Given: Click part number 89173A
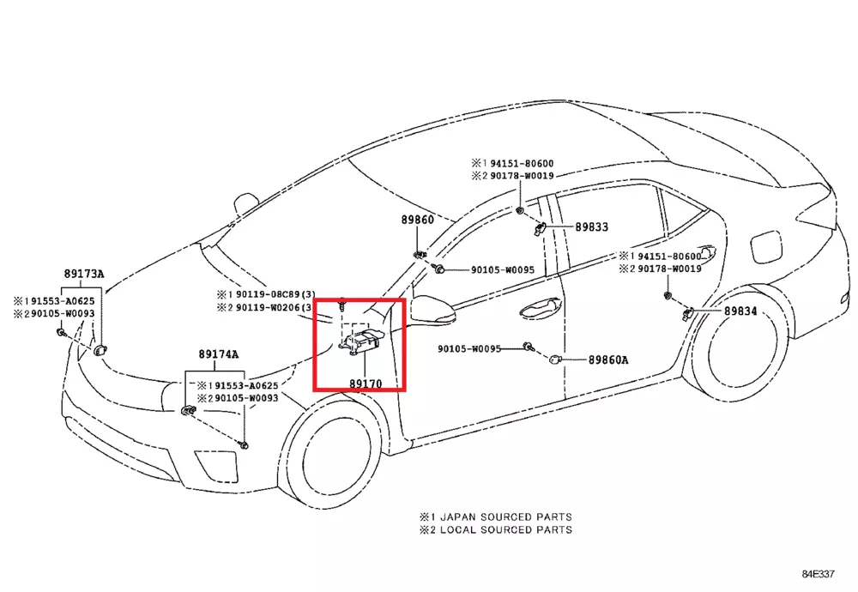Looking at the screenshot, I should point(82,275).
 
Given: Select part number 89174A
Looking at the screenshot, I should point(219,353).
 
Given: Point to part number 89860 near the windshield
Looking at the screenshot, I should point(417,220).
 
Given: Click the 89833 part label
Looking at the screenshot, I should point(591,227).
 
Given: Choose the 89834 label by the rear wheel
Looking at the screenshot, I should point(740,311).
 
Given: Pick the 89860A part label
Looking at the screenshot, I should point(607,360).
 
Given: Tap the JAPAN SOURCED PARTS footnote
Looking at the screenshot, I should point(495,517).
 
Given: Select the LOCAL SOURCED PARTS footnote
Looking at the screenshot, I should point(495,530).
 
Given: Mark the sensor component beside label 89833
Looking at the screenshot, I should point(541,228).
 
